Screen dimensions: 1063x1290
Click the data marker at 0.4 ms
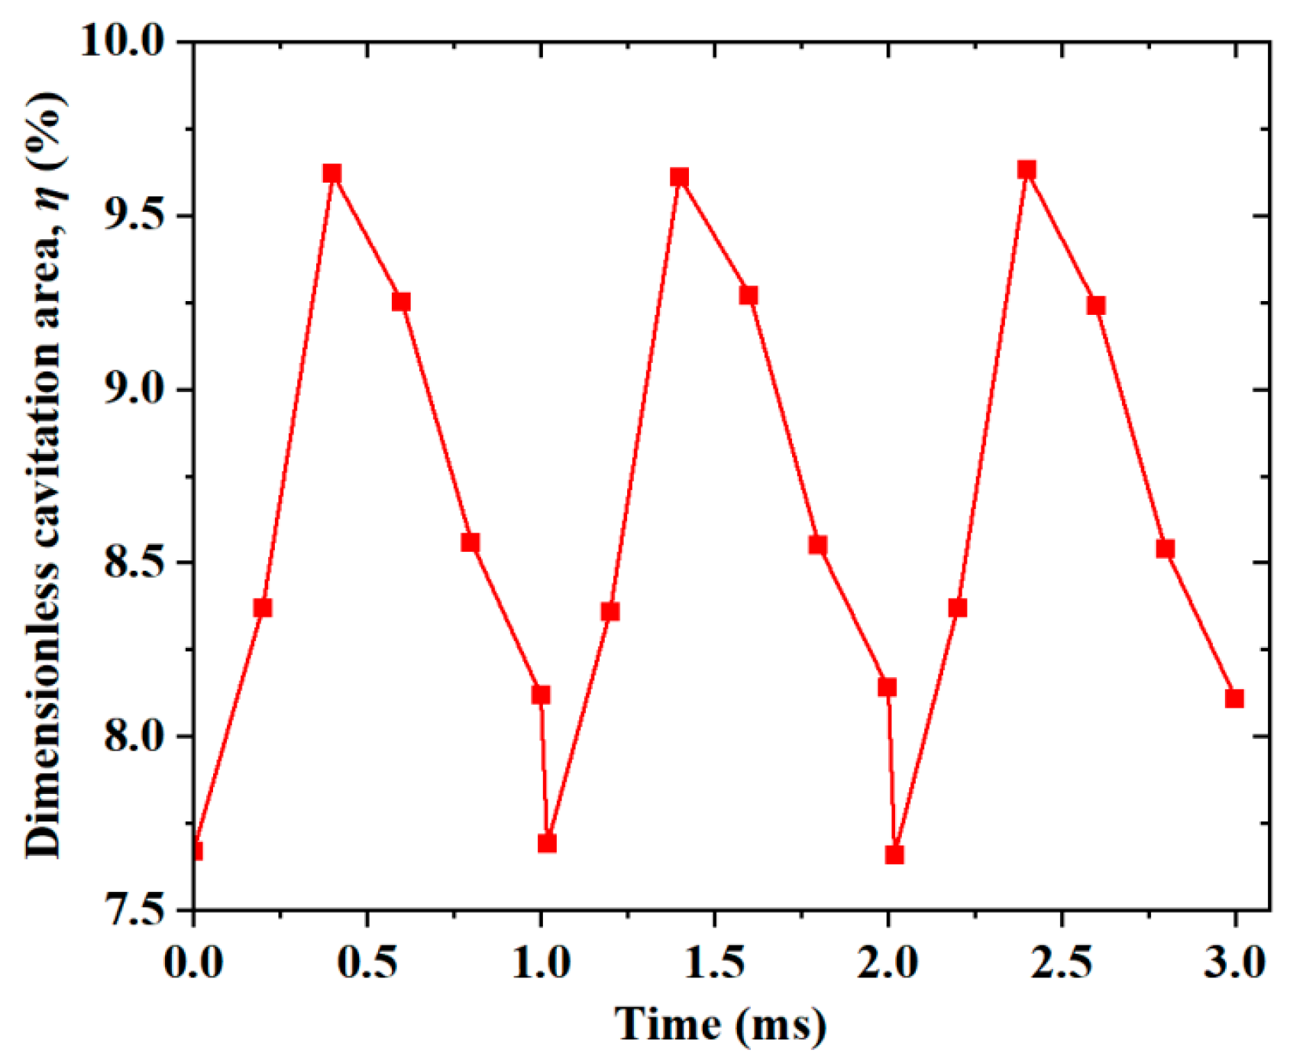331,173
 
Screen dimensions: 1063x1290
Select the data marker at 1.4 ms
679,177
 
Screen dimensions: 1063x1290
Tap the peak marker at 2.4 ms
1027,170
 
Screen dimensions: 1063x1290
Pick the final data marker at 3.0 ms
1234,698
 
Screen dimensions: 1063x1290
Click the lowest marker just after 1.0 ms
547,843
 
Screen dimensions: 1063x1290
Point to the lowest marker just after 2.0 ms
894,854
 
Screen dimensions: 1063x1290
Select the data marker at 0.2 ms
263,608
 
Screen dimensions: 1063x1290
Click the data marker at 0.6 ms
401,302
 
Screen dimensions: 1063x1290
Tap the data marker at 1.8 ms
818,545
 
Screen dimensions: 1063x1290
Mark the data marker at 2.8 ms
1165,549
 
